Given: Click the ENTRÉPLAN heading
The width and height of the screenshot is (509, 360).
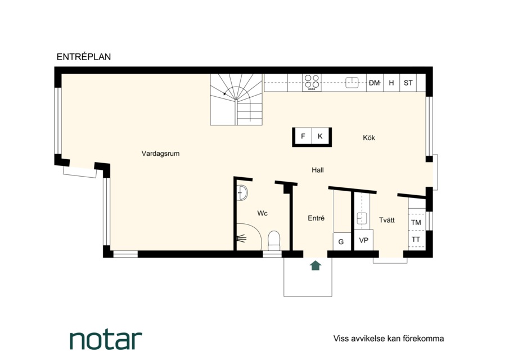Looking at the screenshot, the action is pyautogui.click(x=84, y=57).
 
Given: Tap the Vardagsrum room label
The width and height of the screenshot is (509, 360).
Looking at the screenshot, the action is pyautogui.click(x=160, y=154).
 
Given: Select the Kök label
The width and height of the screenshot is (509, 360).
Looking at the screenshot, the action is pyautogui.click(x=369, y=138).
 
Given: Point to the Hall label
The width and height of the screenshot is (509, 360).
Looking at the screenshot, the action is pyautogui.click(x=317, y=170).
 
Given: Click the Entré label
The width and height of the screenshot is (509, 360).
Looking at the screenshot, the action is pyautogui.click(x=316, y=218).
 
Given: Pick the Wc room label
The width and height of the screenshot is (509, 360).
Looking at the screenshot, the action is pyautogui.click(x=262, y=213).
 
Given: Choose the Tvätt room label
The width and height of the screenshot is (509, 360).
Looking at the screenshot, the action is pyautogui.click(x=386, y=220).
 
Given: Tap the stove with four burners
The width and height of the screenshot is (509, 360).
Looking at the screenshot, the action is pyautogui.click(x=312, y=83).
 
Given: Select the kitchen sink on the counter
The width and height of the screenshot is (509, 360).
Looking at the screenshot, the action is pyautogui.click(x=352, y=83).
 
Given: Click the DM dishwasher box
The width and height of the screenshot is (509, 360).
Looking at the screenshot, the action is pyautogui.click(x=375, y=83).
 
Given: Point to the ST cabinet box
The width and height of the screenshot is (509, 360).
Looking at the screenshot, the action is pyautogui.click(x=408, y=83).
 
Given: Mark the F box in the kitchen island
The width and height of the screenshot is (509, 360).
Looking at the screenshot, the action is pyautogui.click(x=303, y=136).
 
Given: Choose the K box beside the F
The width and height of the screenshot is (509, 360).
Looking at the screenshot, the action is pyautogui.click(x=320, y=136).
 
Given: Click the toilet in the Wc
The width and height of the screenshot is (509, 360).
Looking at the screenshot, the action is pyautogui.click(x=274, y=241).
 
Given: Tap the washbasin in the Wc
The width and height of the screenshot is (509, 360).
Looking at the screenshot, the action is pyautogui.click(x=242, y=193).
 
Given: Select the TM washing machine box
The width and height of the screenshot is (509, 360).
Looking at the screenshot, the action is pyautogui.click(x=416, y=222).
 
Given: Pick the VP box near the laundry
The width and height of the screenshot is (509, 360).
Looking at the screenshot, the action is pyautogui.click(x=363, y=240).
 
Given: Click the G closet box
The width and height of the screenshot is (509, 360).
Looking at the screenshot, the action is pyautogui.click(x=341, y=241).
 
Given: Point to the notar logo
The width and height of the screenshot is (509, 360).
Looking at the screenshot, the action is pyautogui.click(x=106, y=340).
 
